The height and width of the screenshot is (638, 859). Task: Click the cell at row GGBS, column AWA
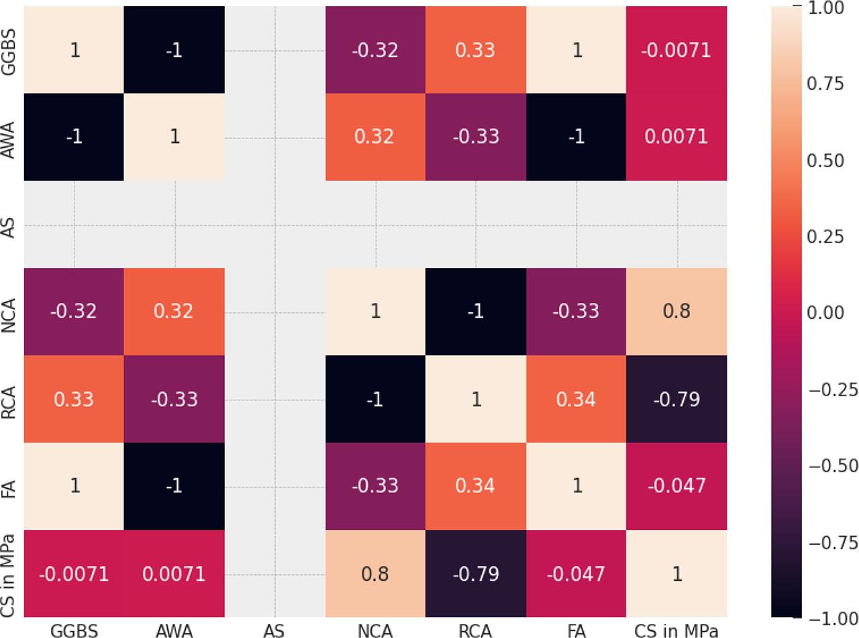click(174, 50)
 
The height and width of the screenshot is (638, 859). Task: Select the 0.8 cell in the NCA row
click(676, 312)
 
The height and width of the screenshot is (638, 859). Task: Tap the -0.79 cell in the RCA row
click(676, 399)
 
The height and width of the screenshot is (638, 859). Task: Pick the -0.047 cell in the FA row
click(676, 486)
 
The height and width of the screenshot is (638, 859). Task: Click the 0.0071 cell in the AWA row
click(676, 137)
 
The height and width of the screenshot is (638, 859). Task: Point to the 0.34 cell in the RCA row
click(576, 399)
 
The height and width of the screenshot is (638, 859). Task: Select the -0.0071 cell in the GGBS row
click(676, 50)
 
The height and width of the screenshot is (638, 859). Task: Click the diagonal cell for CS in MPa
click(676, 574)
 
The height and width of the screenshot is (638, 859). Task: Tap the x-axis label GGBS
click(74, 630)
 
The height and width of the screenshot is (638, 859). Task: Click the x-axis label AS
click(274, 630)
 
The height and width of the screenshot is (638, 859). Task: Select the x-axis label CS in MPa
click(676, 630)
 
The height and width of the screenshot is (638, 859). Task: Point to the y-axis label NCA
click(9, 312)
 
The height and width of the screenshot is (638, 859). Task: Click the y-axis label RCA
click(9, 399)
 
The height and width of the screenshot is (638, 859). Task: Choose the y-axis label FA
click(9, 486)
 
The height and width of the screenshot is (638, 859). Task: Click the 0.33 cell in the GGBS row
click(476, 50)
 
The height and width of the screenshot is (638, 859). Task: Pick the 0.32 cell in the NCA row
click(174, 312)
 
